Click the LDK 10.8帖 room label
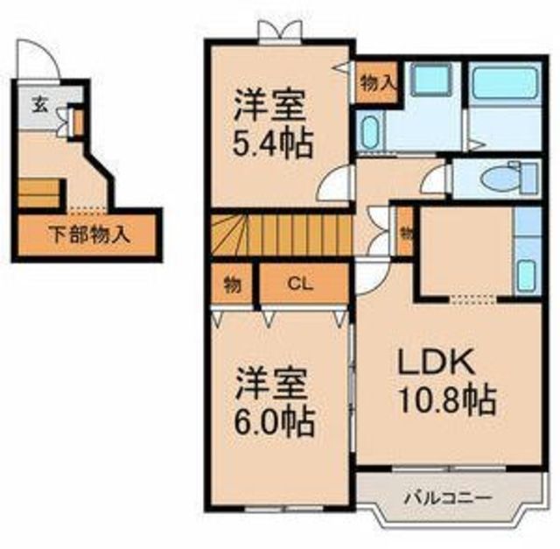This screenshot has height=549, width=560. click(x=447, y=382)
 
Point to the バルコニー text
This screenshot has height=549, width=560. click(x=448, y=497)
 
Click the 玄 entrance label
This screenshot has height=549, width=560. click(x=40, y=105)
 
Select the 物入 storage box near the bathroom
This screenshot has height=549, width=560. click(x=377, y=83)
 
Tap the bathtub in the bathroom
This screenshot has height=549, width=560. click(x=505, y=82)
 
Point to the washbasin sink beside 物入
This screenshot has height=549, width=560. click(x=369, y=131)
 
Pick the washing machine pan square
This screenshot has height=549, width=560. click(x=430, y=81)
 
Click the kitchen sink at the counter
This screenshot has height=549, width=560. click(x=527, y=275)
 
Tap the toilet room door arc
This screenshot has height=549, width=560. click(x=434, y=179)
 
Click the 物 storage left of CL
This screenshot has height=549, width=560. click(x=232, y=285)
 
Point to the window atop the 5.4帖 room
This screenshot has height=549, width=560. click(x=281, y=33)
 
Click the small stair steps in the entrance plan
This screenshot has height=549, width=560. click(x=38, y=193)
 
